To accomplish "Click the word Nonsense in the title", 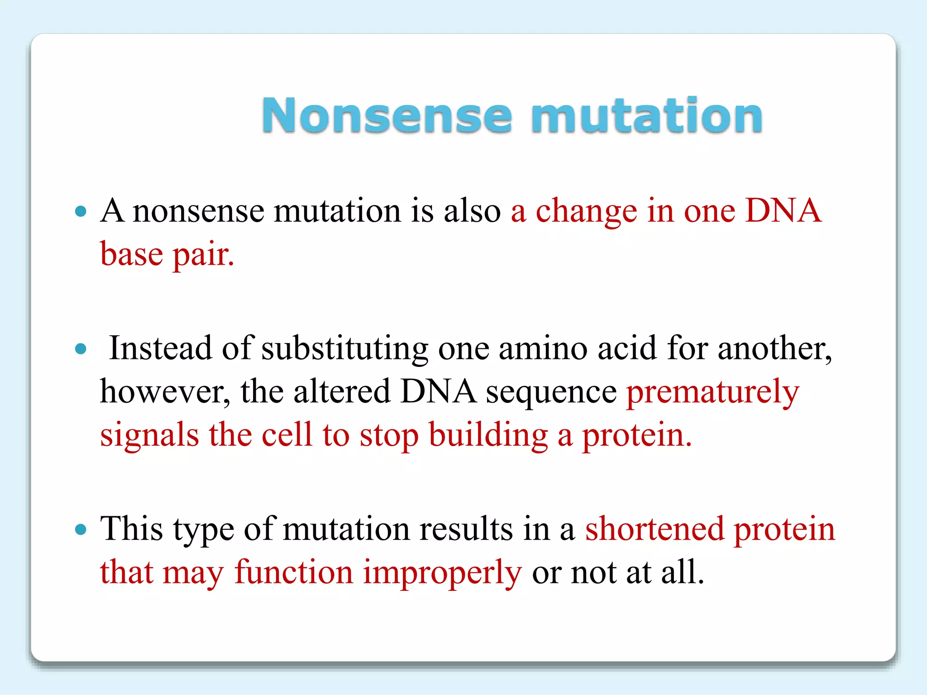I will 387,116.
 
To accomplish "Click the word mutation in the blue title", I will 647,116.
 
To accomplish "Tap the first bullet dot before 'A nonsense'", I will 81,211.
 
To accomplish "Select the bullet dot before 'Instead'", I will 81,349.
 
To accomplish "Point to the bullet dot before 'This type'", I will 81,529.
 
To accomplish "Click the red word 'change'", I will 586,211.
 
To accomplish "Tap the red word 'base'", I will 131,255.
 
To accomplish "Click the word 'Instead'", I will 161,348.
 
